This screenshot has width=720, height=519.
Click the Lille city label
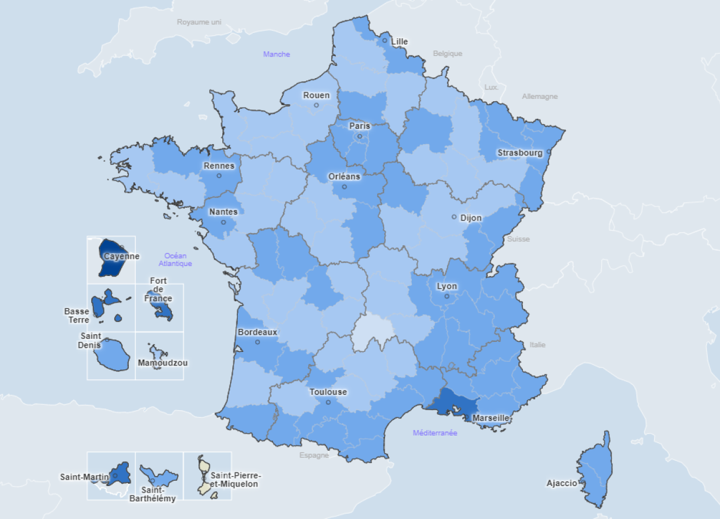click(400, 42)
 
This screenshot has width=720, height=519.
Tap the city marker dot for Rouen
click(316, 105)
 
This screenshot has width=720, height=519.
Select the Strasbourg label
click(520, 153)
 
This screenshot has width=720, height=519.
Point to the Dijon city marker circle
click(454, 217)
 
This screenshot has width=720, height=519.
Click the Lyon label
click(447, 287)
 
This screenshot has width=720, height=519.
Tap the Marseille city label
click(491, 418)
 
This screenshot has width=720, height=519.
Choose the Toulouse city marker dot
click(328, 402)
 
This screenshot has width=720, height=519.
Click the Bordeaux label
click(257, 332)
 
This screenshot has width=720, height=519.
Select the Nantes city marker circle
click(224, 222)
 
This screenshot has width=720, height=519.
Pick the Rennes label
click(219, 166)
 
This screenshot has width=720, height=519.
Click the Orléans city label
click(345, 177)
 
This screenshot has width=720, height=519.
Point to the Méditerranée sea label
click(435, 433)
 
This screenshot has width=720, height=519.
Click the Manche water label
click(276, 54)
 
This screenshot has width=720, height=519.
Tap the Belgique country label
click(448, 54)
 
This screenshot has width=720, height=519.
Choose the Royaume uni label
click(199, 22)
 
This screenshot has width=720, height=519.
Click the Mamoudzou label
click(162, 363)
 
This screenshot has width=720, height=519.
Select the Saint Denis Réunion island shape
click(113, 355)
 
